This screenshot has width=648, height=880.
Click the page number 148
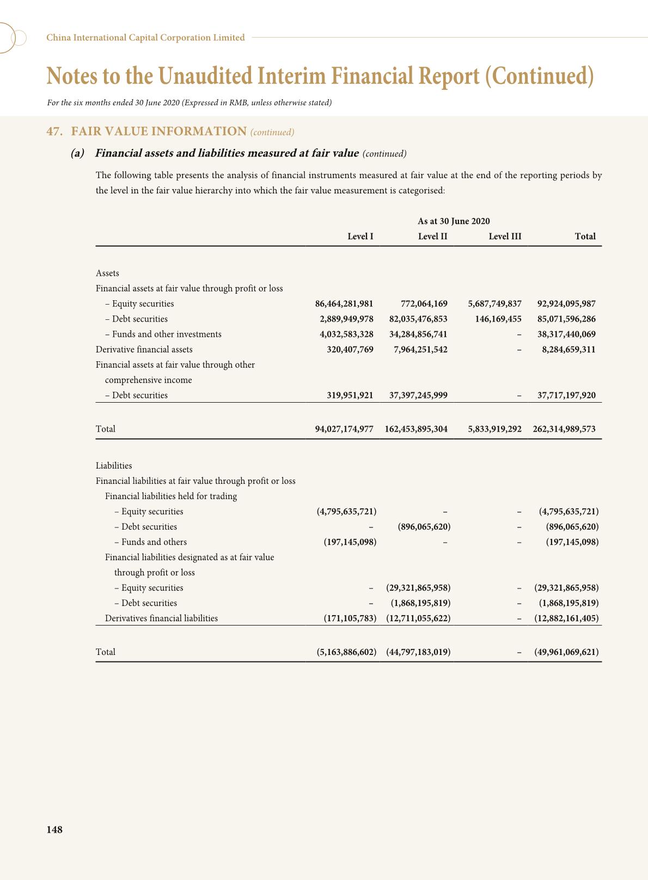tap(54, 830)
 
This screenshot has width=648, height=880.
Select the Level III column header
tap(505, 236)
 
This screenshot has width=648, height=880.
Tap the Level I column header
tap(360, 236)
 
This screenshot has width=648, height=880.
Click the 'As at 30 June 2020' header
tap(454, 221)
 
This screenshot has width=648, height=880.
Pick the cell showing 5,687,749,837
tap(494, 304)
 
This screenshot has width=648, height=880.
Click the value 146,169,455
tap(498, 319)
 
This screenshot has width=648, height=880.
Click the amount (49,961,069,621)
tap(566, 652)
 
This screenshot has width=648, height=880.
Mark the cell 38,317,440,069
tap(566, 335)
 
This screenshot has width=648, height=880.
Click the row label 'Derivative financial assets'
tap(144, 350)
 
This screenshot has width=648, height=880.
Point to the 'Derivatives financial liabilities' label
tap(161, 618)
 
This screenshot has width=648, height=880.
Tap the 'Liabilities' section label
tap(114, 466)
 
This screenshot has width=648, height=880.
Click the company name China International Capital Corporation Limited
tap(145, 38)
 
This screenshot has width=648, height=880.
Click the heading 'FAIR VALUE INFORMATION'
tap(158, 131)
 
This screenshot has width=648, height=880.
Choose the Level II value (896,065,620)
tap(420, 527)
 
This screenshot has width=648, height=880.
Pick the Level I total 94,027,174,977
tap(344, 429)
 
